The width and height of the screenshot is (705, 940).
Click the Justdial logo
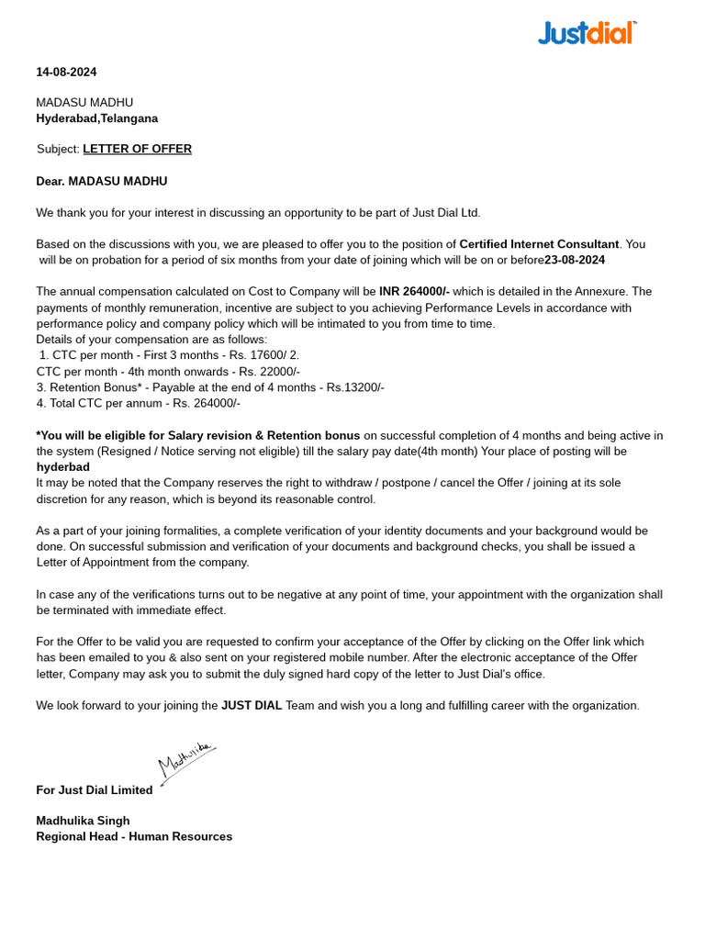pos(587,34)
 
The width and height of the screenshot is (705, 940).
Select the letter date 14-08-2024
pos(66,72)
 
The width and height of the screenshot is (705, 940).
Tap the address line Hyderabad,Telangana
pos(96,118)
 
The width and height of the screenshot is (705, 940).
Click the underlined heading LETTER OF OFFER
pos(137,149)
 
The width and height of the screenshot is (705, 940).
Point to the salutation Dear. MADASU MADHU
pos(101,182)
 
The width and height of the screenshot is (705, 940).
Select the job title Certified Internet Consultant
pos(539,244)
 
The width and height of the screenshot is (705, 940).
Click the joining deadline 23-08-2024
pos(575,260)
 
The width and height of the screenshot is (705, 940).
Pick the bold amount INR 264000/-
pos(414,292)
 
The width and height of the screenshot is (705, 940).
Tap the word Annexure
pos(601,292)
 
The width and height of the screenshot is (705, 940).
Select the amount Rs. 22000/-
pos(269,372)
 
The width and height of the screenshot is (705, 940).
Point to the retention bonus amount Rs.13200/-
pos(355,387)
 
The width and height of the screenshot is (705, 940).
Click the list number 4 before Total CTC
pos(40,403)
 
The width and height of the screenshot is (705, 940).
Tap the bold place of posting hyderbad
pos(62,467)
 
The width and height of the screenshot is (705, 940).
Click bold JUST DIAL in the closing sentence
pos(251,706)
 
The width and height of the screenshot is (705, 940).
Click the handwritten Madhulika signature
pos(186,761)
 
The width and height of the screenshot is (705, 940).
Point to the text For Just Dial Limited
pos(94,790)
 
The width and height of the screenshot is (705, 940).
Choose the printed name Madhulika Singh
pos(83,821)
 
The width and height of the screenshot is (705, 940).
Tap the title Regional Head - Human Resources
pos(134,836)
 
